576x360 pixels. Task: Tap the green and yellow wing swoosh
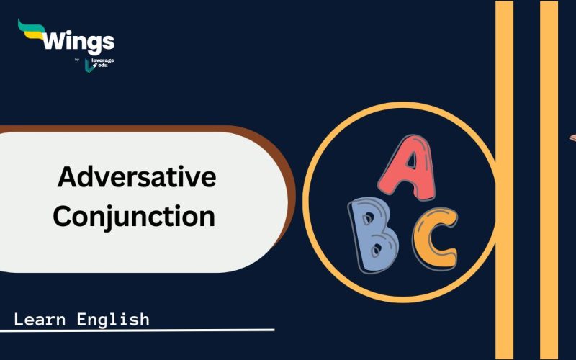(31, 30)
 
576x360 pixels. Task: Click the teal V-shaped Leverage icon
(88, 66)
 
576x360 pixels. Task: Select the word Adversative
(137, 177)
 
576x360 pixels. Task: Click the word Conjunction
(134, 217)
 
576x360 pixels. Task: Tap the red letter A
(407, 167)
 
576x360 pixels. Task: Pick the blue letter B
(372, 235)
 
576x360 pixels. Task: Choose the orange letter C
(436, 238)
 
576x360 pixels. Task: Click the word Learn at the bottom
(40, 320)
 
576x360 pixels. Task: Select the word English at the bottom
(113, 320)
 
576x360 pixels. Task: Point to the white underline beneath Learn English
(137, 330)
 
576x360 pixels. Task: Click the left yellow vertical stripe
(505, 180)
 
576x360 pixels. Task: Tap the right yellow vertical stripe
(549, 180)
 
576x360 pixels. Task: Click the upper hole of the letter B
(367, 219)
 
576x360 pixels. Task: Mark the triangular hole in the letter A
(411, 161)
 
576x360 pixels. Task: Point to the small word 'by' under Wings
(77, 60)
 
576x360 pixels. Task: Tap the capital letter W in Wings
(55, 41)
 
